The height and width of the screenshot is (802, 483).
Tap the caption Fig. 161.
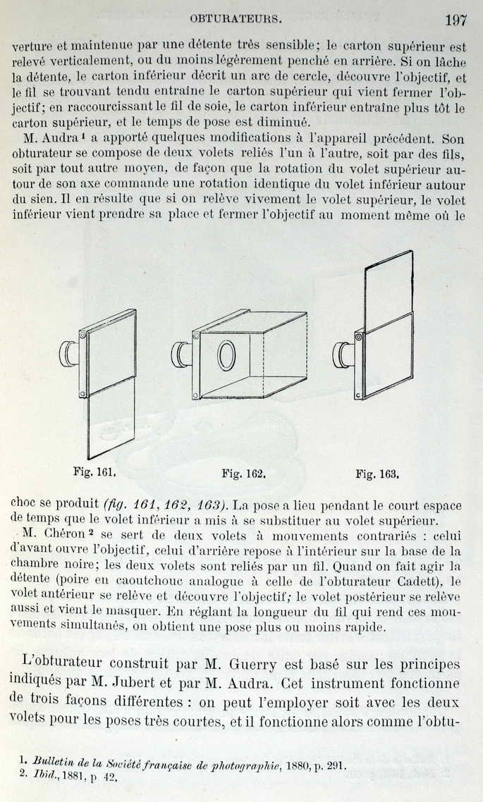click(94, 471)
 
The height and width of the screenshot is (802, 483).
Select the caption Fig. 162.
click(243, 474)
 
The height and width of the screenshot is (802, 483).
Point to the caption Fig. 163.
click(377, 474)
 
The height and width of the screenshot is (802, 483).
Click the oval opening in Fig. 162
click(226, 355)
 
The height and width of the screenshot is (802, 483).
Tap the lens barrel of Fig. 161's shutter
click(68, 353)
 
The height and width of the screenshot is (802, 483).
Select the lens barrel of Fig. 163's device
click(343, 354)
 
